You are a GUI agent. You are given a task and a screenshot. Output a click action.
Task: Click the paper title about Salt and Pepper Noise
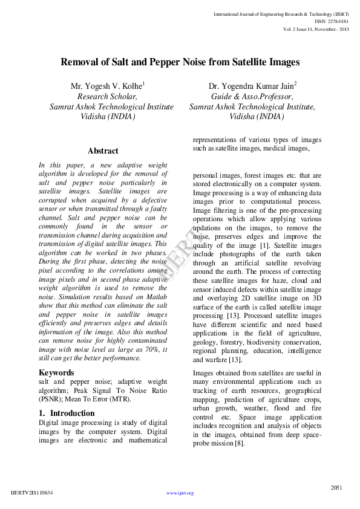(x=180, y=62)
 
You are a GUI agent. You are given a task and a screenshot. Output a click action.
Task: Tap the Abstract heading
(x=103, y=151)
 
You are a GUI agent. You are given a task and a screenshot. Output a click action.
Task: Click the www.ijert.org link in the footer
(x=180, y=493)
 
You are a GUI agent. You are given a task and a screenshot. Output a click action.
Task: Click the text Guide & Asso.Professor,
(x=252, y=96)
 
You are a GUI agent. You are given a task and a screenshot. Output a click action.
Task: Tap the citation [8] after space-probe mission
(x=240, y=443)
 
